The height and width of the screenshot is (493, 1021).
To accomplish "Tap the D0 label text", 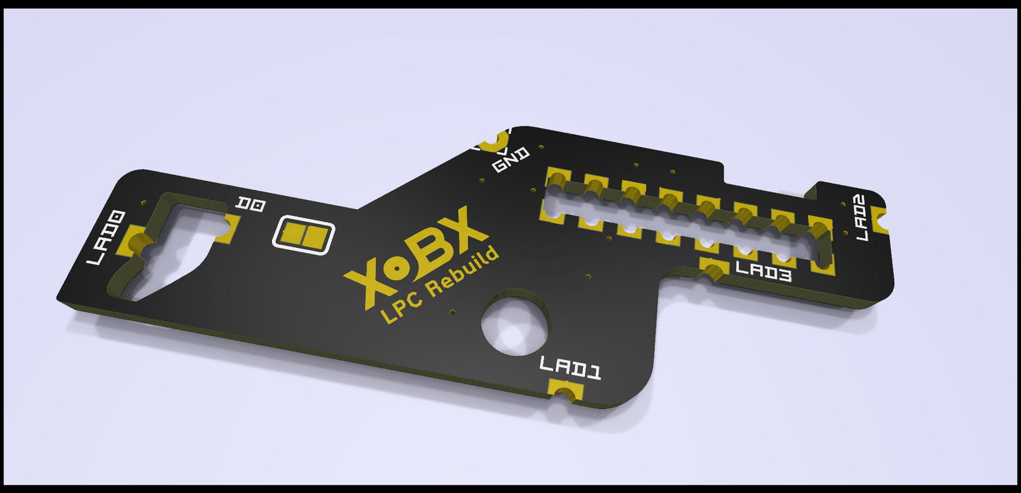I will [252, 205].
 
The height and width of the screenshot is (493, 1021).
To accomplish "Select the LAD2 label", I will [860, 218].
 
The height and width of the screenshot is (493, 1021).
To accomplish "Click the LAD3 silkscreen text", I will [763, 272].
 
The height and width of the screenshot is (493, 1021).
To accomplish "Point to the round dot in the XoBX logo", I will [399, 268].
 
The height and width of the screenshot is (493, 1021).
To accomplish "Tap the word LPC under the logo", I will [402, 308].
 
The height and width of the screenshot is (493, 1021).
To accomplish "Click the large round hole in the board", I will [515, 321].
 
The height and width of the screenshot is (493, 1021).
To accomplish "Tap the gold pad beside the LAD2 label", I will [881, 219].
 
